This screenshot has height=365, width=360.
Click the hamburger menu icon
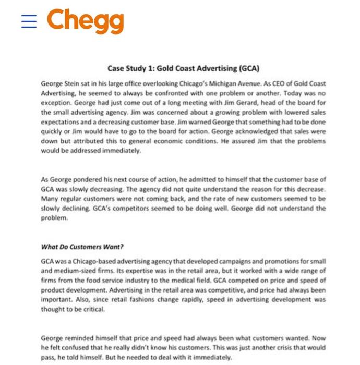29,21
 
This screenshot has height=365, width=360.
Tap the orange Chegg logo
86,21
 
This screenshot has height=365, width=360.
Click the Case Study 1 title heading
183,68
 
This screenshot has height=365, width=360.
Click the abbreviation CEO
269,84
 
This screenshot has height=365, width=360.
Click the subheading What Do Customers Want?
82,247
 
